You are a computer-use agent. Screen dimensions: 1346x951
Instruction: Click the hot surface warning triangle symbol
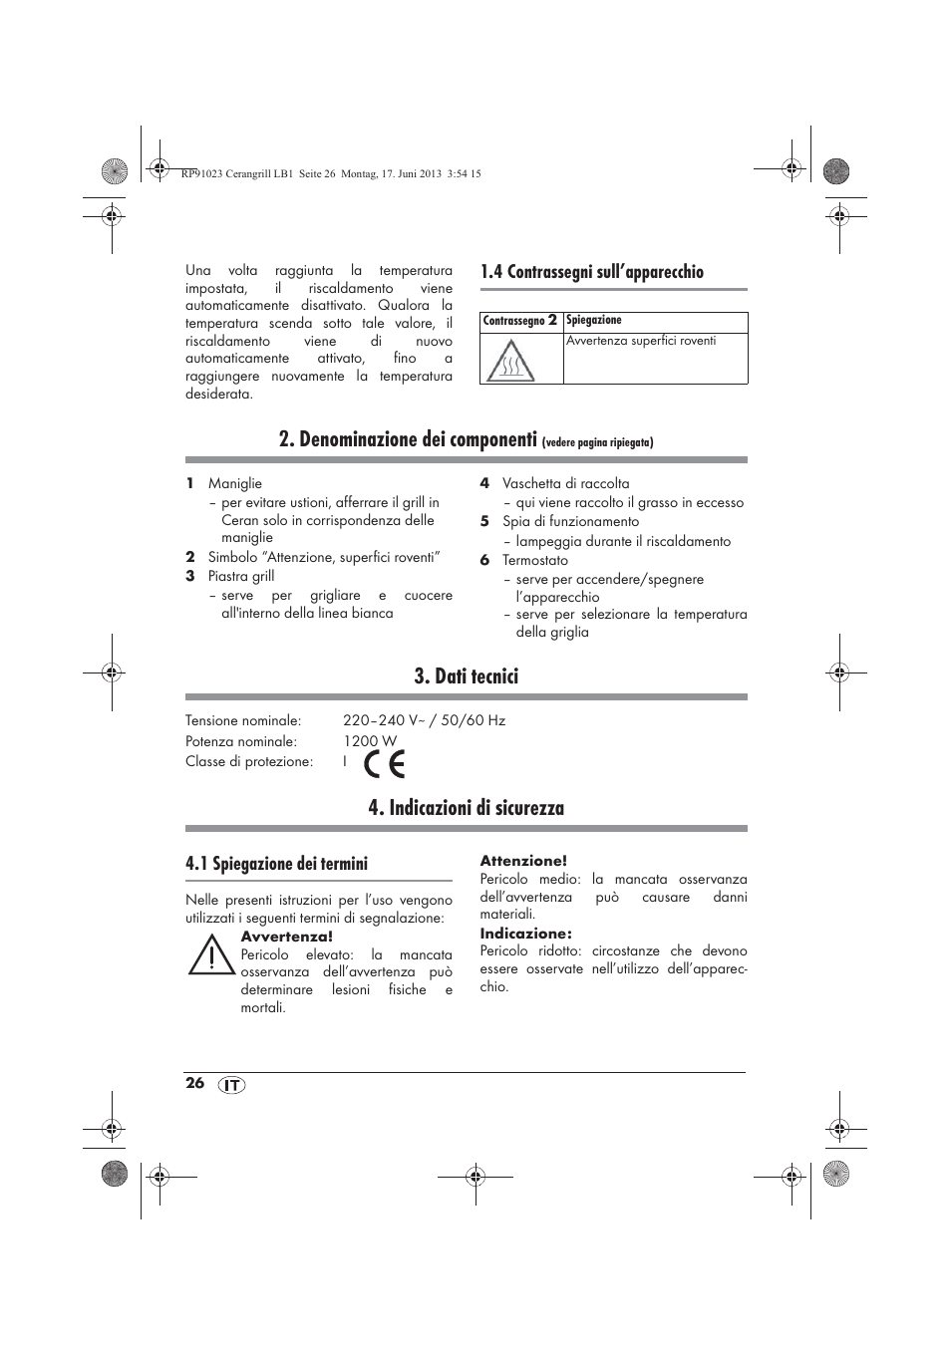coord(510,362)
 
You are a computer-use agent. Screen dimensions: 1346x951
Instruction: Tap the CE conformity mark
coord(384,763)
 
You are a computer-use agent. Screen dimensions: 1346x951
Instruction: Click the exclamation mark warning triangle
coord(211,956)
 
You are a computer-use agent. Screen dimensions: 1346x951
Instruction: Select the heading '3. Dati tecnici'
coord(466,676)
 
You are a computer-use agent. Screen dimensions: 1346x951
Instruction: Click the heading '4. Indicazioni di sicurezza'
coord(466,808)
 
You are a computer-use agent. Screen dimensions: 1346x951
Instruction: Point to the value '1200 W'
coord(370,741)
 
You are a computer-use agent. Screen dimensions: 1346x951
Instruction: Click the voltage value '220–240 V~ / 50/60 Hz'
coord(424,720)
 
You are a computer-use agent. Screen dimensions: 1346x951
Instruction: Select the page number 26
coord(194,1083)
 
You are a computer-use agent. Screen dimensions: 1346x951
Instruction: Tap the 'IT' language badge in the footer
coord(231,1085)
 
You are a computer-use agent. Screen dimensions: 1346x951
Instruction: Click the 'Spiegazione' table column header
coord(594,321)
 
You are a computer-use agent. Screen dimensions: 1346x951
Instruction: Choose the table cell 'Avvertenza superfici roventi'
coord(641,341)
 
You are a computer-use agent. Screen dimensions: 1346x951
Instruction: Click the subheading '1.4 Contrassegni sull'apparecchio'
coord(591,272)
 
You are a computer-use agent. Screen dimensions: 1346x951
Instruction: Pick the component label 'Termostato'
coord(534,560)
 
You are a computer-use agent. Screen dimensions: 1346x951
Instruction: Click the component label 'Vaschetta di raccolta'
coord(565,483)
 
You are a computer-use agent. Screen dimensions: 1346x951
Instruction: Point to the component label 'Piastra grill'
coord(240,576)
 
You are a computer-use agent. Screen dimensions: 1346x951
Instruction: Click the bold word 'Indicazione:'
coord(525,934)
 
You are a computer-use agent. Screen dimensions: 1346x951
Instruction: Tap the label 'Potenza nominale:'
coord(240,741)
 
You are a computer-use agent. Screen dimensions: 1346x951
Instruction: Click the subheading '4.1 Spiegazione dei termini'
coord(276,864)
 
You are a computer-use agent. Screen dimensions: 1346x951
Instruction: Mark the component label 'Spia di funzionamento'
coord(570,521)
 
